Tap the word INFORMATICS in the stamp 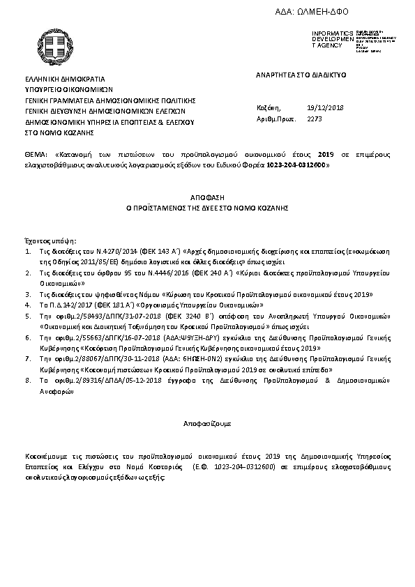[328, 33]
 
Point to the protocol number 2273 [315, 119]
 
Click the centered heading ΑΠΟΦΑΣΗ [208, 198]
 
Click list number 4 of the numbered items [27, 305]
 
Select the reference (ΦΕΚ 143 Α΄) [158, 249]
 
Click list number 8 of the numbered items [27, 381]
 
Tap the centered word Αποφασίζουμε [208, 423]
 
